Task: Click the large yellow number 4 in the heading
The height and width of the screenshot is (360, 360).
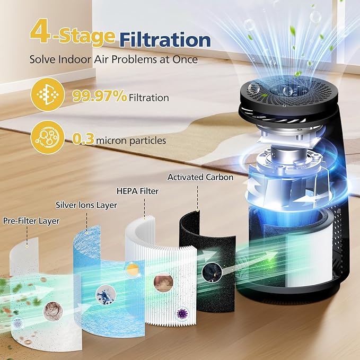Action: (40, 33)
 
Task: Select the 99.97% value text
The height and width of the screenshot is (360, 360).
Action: (99, 96)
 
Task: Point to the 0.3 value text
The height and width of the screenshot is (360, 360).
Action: (83, 140)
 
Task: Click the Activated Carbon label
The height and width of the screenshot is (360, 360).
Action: (200, 177)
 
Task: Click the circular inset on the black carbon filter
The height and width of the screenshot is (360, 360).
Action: (209, 273)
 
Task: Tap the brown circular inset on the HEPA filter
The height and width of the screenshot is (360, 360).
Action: (163, 282)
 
